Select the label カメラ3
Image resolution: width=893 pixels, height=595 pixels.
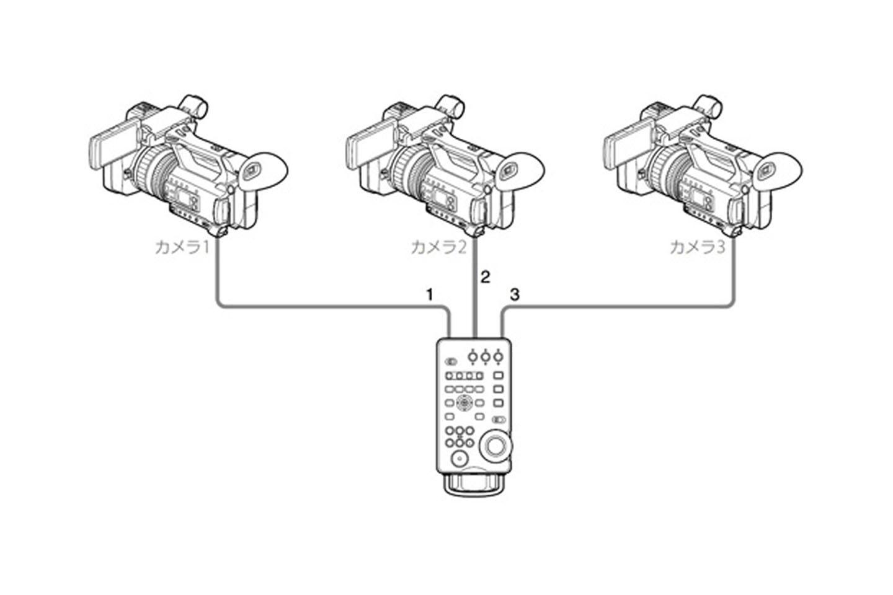(696, 247)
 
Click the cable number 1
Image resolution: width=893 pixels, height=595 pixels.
(429, 294)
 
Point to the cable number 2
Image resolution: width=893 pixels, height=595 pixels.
(485, 276)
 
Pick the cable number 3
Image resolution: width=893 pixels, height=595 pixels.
(514, 294)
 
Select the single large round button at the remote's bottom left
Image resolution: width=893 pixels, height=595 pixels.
(458, 459)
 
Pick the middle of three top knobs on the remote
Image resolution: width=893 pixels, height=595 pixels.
(485, 356)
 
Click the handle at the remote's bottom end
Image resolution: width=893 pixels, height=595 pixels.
(475, 486)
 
